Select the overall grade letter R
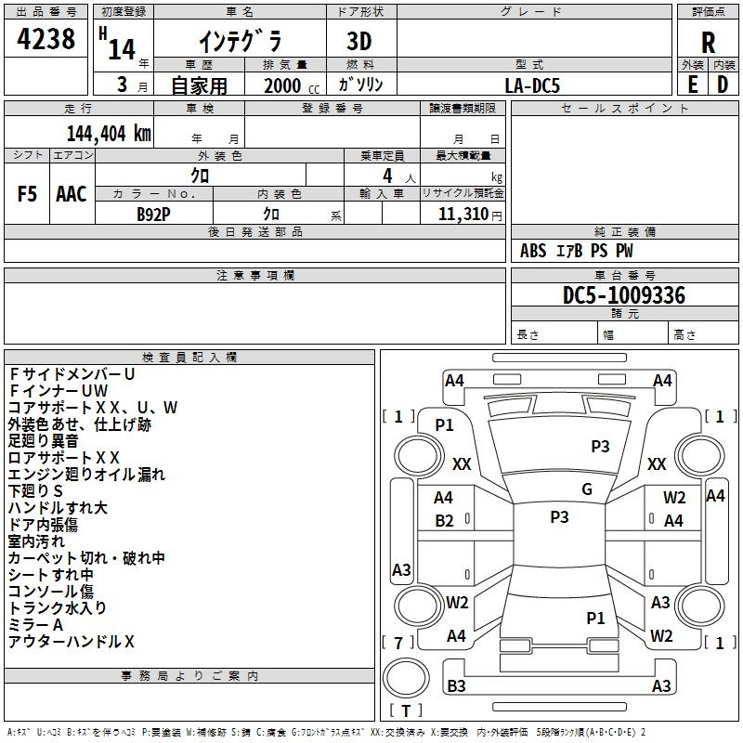(x=708, y=43)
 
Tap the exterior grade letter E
(x=692, y=85)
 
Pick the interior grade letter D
(x=723, y=85)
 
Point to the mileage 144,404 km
(x=110, y=133)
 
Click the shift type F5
(x=28, y=194)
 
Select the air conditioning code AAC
(x=72, y=194)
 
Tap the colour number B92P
(x=153, y=214)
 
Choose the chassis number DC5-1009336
(x=624, y=295)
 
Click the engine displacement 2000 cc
(x=288, y=85)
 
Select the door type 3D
(x=359, y=41)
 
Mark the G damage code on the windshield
(x=586, y=489)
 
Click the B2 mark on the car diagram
(x=445, y=520)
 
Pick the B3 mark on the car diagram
(x=456, y=686)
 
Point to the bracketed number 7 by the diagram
(x=398, y=643)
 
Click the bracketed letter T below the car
(x=406, y=710)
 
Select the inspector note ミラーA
(x=35, y=625)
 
